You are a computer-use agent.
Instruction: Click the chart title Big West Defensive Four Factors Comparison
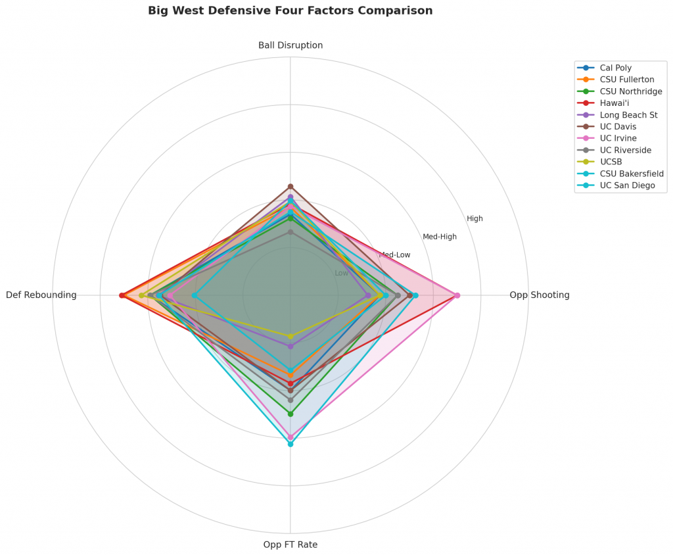tap(290, 11)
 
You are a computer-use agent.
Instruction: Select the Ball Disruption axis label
tap(290, 45)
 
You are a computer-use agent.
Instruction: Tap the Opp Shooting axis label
tap(540, 295)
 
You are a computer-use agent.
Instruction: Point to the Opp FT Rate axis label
tap(290, 544)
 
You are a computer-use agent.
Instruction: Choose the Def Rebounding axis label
tap(41, 295)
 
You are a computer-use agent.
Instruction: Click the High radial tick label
tap(475, 218)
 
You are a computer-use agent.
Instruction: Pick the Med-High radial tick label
tap(440, 237)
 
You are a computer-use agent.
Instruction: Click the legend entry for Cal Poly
tap(616, 68)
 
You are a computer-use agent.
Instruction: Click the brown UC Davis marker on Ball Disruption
tap(290, 187)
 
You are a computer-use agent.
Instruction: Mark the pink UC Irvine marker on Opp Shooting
tap(457, 295)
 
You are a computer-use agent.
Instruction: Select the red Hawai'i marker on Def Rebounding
tap(122, 295)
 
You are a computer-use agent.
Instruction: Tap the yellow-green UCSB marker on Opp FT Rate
tap(290, 337)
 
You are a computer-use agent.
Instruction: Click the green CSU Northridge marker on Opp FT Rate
tap(290, 414)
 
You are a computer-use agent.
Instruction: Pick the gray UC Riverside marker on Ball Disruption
tap(290, 232)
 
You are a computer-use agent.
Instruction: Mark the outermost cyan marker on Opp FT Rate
tap(290, 445)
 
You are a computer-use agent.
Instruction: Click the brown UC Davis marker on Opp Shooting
tap(409, 295)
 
